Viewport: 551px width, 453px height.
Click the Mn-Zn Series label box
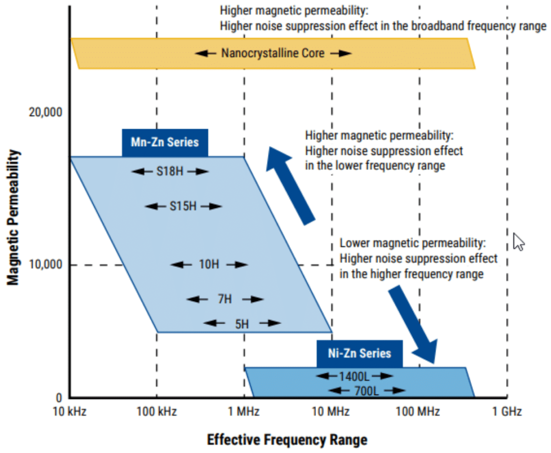pyautogui.click(x=165, y=142)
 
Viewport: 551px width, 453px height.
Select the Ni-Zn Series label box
pyautogui.click(x=360, y=353)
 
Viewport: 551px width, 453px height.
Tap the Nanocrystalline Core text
pyautogui.click(x=273, y=53)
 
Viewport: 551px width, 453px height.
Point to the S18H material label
pyautogui.click(x=170, y=171)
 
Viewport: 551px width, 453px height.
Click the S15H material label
pyautogui.click(x=183, y=206)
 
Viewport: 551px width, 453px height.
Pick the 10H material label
pyautogui.click(x=209, y=264)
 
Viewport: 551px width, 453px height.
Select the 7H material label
pyautogui.click(x=225, y=299)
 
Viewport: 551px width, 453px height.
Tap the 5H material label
pyautogui.click(x=242, y=323)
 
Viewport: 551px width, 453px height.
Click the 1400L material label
pyautogui.click(x=354, y=376)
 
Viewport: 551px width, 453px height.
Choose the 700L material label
pyautogui.click(x=366, y=391)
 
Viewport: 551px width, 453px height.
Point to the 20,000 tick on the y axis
pyautogui.click(x=46, y=113)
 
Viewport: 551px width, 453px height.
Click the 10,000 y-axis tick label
pyautogui.click(x=46, y=265)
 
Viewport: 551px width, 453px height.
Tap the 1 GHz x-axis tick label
pyautogui.click(x=507, y=412)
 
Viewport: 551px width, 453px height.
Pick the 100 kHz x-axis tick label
pyautogui.click(x=157, y=412)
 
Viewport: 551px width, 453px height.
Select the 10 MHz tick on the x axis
pyautogui.click(x=332, y=412)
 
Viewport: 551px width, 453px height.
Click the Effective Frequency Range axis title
pyautogui.click(x=287, y=440)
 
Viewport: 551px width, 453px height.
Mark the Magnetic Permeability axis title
pyautogui.click(x=14, y=217)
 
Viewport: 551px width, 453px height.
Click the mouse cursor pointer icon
pyautogui.click(x=518, y=241)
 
